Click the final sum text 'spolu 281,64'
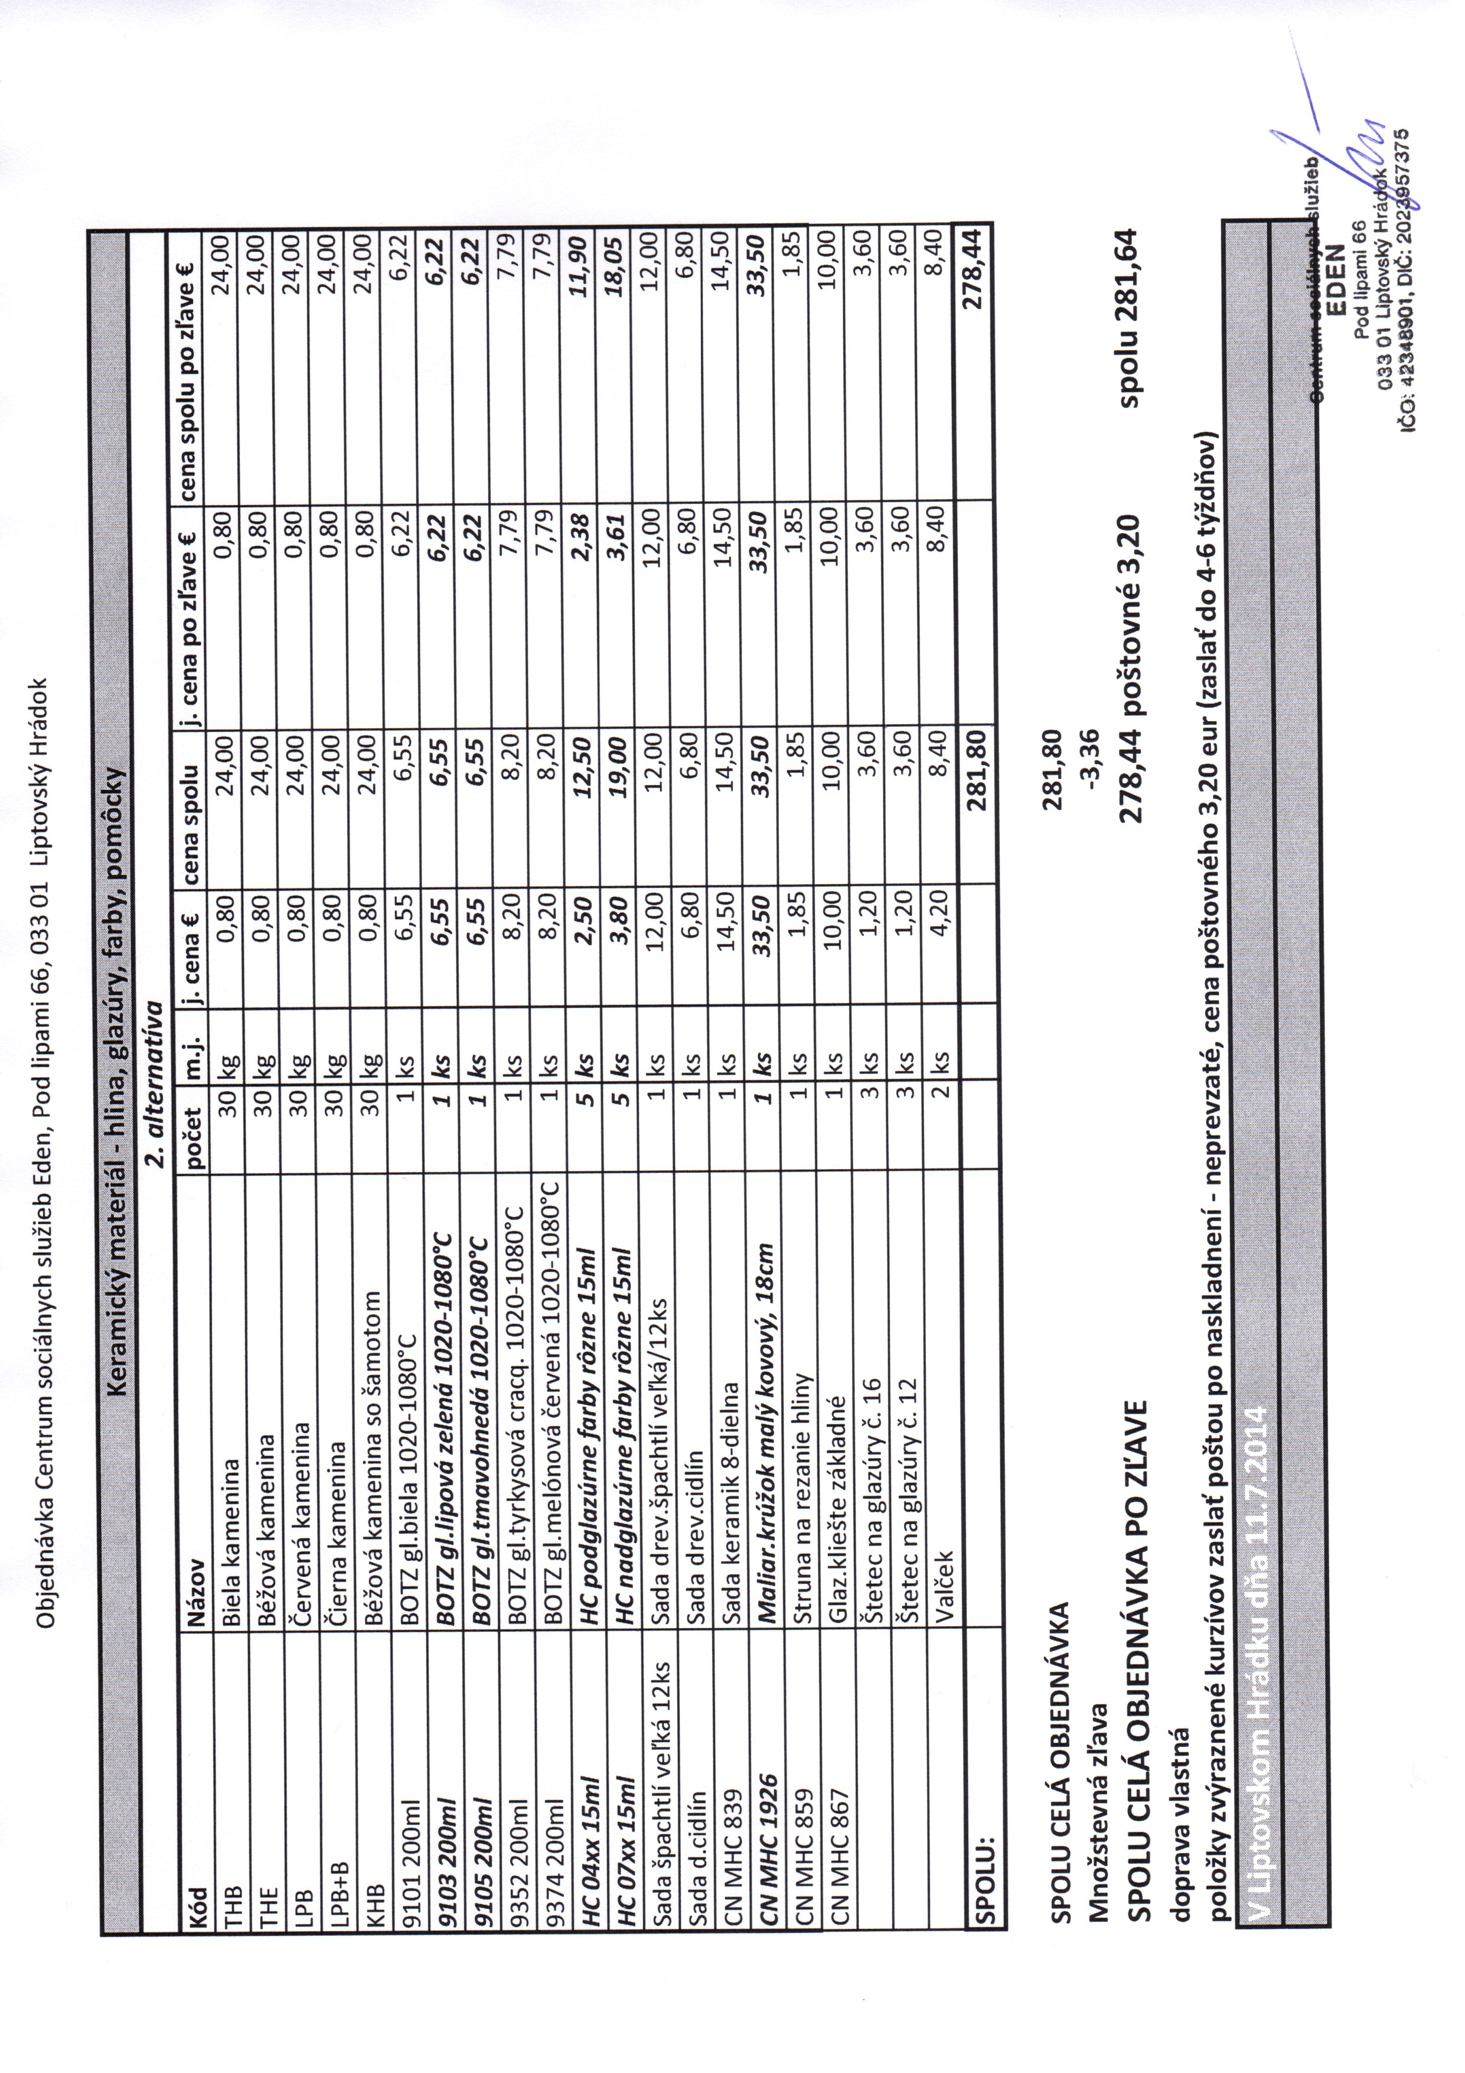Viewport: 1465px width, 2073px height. tap(1130, 325)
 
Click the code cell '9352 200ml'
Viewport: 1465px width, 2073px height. tap(515, 1850)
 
